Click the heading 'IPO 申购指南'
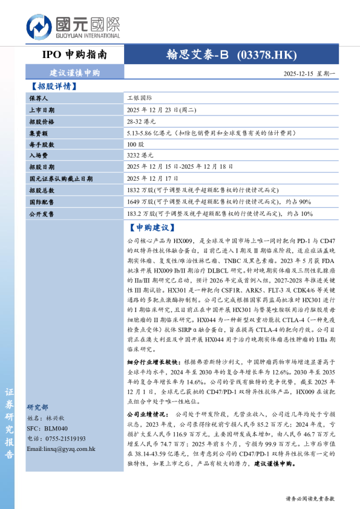pyautogui.click(x=74, y=55)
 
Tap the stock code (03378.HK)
pyautogui.click(x=267, y=55)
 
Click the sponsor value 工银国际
pyautogui.click(x=140, y=97)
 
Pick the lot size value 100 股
pyautogui.click(x=136, y=144)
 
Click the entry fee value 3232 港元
pyautogui.click(x=141, y=155)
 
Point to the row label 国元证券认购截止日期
pyautogui.click(x=61, y=178)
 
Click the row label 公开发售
pyautogui.click(x=41, y=213)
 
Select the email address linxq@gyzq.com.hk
pyautogui.click(x=61, y=449)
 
